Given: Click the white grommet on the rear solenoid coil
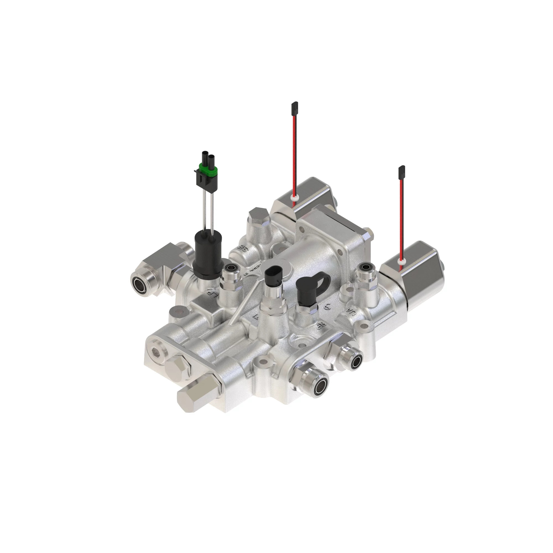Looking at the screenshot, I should (293, 197).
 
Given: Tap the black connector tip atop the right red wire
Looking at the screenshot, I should (401, 171).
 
